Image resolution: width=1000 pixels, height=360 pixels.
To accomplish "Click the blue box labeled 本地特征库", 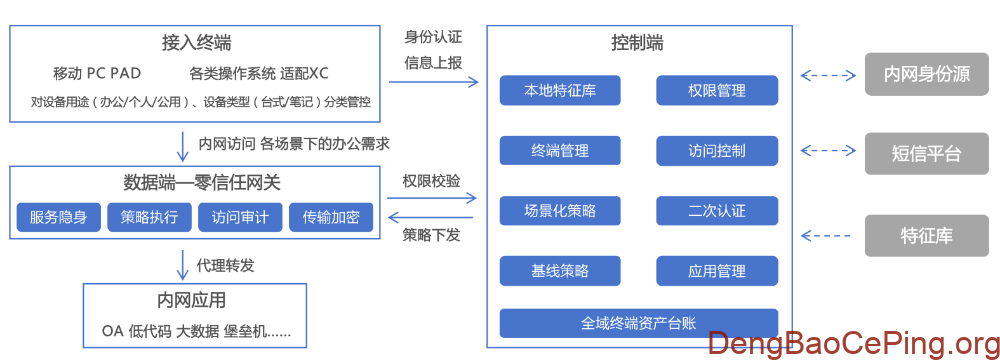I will coord(560,91).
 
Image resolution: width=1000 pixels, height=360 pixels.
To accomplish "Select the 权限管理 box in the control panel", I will coord(717,91).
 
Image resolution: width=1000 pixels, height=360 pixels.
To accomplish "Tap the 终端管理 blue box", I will coord(560,151).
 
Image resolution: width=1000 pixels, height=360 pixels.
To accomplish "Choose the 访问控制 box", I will coord(717,151).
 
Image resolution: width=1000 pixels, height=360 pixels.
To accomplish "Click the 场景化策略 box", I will coord(560,211).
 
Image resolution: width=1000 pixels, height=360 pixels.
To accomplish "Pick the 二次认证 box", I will coord(717,211).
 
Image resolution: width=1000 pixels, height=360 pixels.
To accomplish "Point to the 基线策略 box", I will coord(560,271).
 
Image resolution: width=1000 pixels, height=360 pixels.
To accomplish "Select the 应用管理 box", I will coord(717,271).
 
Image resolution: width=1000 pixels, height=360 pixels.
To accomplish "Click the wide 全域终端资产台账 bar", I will coord(638,323).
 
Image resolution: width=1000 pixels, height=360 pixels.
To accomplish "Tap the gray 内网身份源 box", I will coord(926,74).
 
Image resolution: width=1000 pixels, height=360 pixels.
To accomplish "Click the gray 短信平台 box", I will coord(926,153).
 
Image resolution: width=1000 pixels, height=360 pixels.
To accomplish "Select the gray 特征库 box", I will coord(926,235).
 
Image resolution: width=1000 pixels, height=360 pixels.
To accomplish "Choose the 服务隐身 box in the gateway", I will coord(58,217).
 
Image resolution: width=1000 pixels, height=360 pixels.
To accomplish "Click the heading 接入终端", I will coord(196,43).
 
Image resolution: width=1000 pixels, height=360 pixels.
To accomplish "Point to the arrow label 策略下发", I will coord(432,236).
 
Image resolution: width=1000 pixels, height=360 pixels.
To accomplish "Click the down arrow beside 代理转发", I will coord(182,266).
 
